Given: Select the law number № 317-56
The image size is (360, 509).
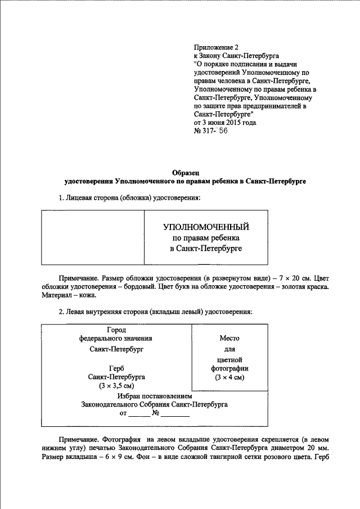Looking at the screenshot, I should (211, 132).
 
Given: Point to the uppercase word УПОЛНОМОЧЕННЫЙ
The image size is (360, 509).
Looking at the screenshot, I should (206, 227).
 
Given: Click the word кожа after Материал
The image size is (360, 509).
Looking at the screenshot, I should (88, 295).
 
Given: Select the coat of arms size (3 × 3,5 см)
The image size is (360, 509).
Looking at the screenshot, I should (116, 386).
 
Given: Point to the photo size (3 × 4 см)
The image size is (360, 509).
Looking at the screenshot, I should (229, 377).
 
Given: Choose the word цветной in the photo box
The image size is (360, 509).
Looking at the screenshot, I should (229, 358).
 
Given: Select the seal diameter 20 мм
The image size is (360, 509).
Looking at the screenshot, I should (314, 448).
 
